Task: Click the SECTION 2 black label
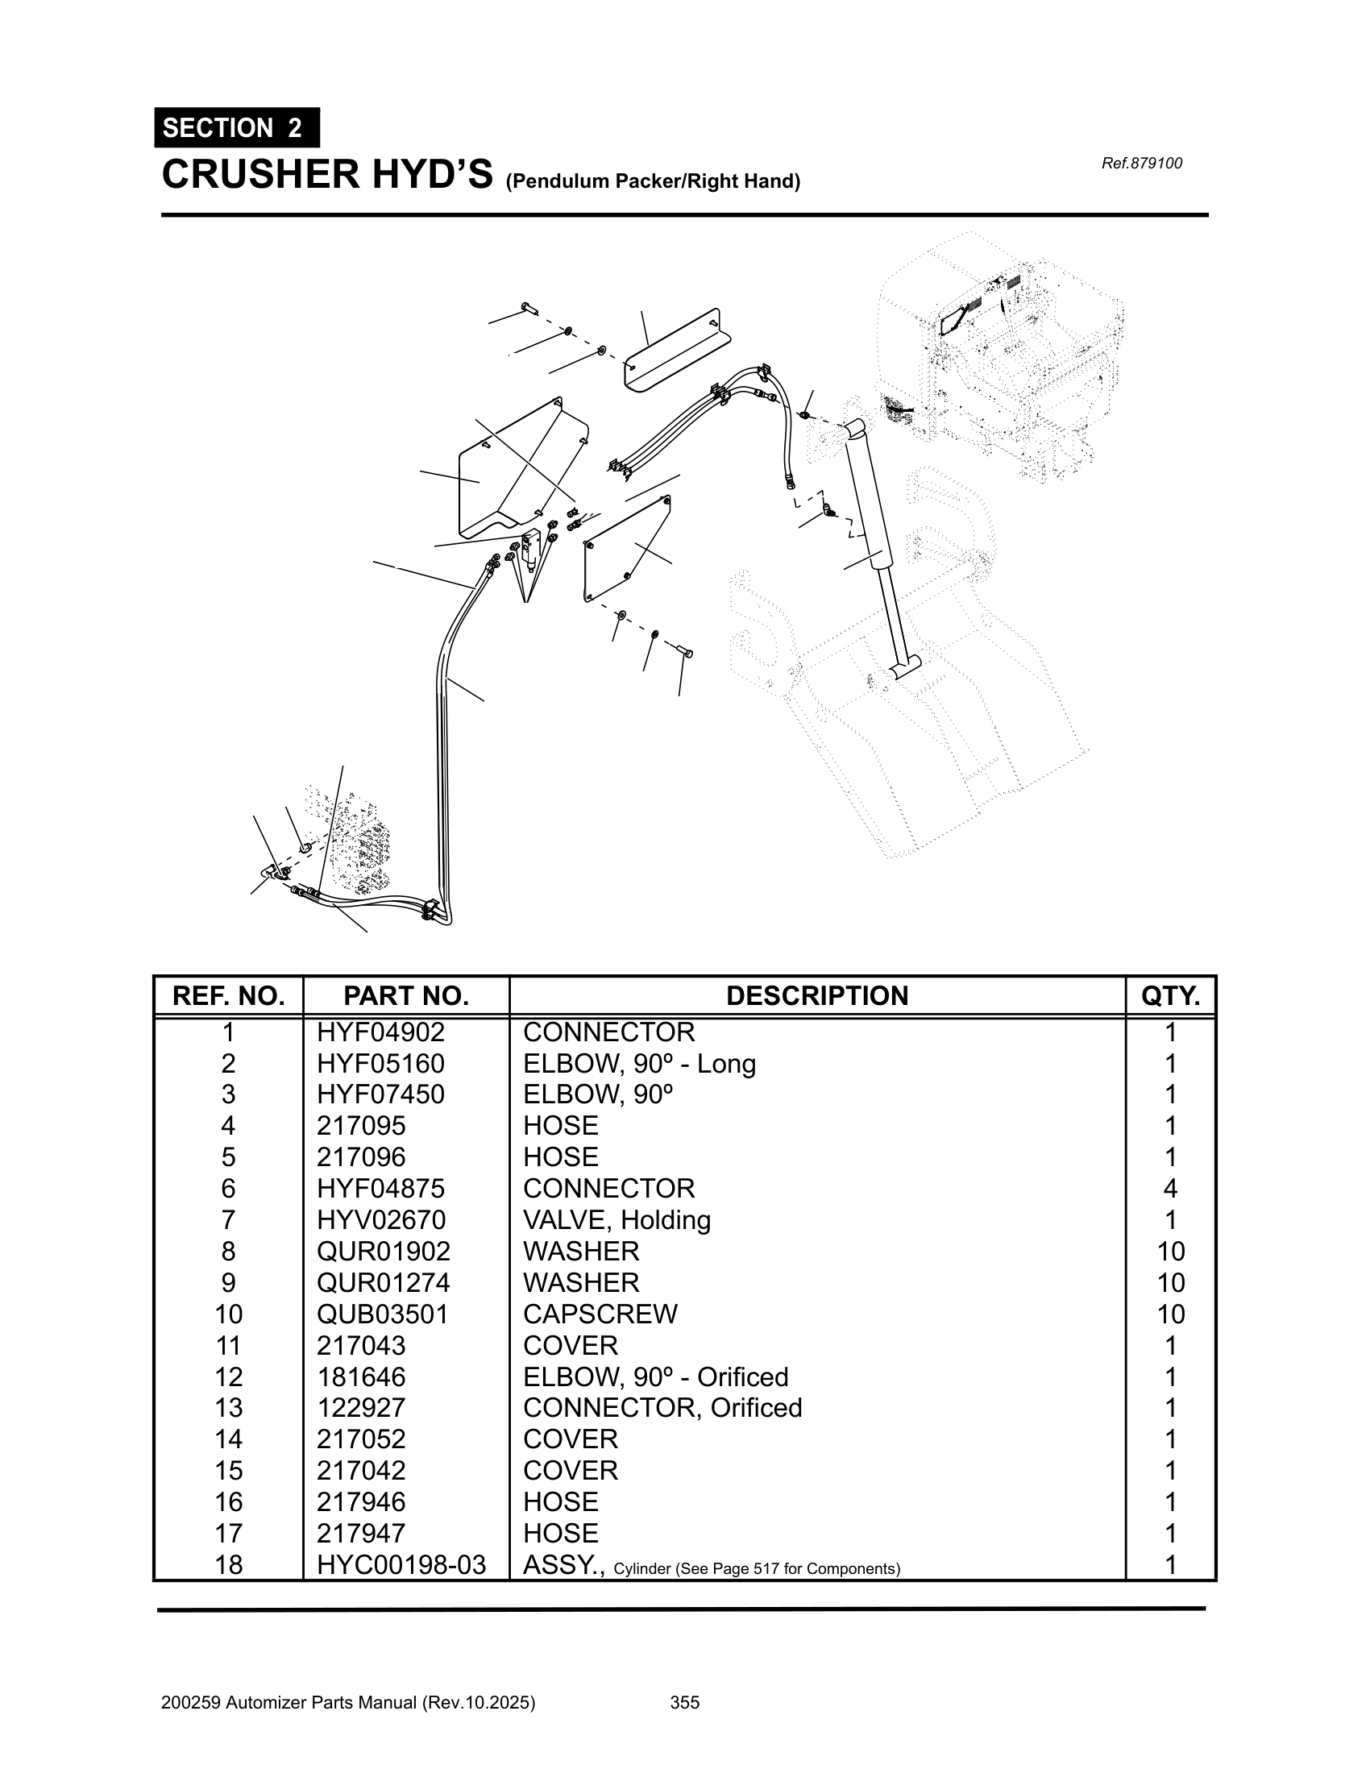pos(236,128)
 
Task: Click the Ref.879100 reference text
pos(1141,163)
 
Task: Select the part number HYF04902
pos(380,1032)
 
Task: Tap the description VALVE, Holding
pos(616,1220)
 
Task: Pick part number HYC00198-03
pos(401,1564)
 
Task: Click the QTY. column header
pos(1170,995)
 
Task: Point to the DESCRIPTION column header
pos(816,995)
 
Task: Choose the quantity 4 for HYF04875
pos(1170,1189)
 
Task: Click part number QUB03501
pos(382,1314)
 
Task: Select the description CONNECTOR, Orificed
pos(662,1408)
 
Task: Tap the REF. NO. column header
pos(229,995)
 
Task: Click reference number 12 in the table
pos(229,1376)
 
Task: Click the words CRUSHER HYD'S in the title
pos(327,175)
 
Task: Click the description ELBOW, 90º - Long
pos(640,1064)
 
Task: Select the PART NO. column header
pos(406,995)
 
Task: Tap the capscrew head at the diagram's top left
pos(530,308)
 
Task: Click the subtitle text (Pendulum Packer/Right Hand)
pos(653,181)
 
